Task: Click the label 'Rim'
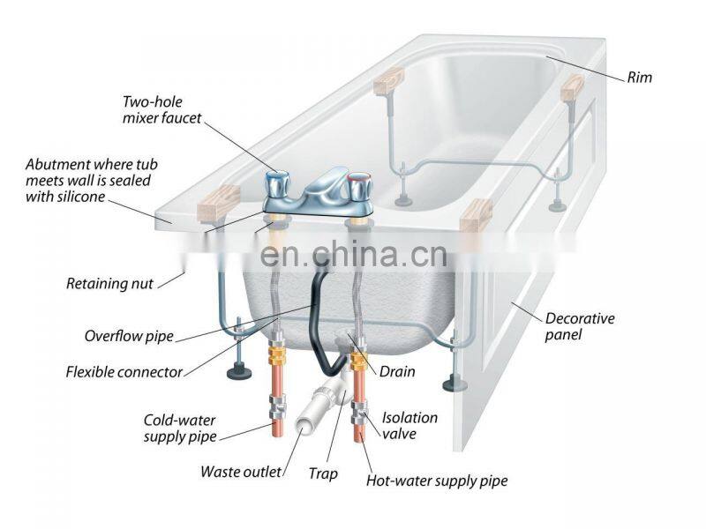(x=640, y=78)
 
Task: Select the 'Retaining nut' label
(x=110, y=284)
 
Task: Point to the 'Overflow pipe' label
(x=129, y=336)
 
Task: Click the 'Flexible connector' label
(x=124, y=371)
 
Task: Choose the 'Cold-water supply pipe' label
(x=179, y=428)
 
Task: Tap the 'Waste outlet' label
(x=241, y=472)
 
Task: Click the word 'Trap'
(x=322, y=473)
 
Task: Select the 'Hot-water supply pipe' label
(x=437, y=481)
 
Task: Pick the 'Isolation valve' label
(x=409, y=425)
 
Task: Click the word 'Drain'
(x=397, y=372)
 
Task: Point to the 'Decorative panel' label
(x=579, y=326)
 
